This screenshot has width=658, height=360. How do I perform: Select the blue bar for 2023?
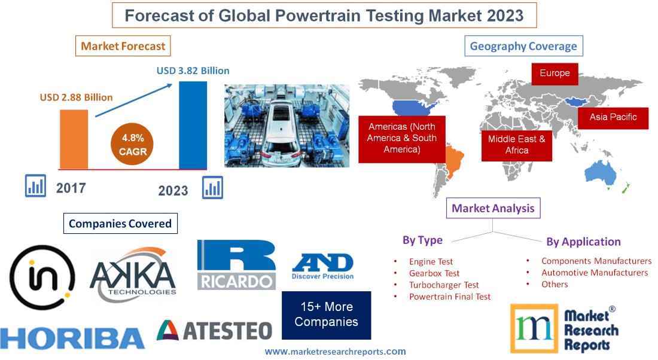pyautogui.click(x=193, y=125)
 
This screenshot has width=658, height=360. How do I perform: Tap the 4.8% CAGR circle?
pyautogui.click(x=133, y=145)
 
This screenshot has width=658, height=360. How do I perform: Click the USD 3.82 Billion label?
pyautogui.click(x=193, y=71)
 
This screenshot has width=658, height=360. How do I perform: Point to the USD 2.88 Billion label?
pyautogui.click(x=76, y=97)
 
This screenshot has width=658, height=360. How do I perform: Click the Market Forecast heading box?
pyautogui.click(x=123, y=46)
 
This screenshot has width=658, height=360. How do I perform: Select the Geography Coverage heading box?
pyautogui.click(x=523, y=46)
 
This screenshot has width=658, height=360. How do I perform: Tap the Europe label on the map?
pyautogui.click(x=555, y=74)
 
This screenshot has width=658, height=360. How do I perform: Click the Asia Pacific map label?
pyautogui.click(x=613, y=117)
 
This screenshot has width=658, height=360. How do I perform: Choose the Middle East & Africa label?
pyautogui.click(x=517, y=145)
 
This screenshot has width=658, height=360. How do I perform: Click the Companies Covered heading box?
pyautogui.click(x=120, y=224)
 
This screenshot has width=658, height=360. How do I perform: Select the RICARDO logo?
pyautogui.click(x=236, y=265)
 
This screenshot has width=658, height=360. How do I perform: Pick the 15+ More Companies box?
pyautogui.click(x=326, y=315)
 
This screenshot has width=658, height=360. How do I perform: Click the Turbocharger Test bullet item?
pyautogui.click(x=444, y=285)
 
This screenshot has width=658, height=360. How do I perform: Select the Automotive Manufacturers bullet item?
pyautogui.click(x=594, y=273)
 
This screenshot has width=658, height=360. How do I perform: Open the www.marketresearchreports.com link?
pyautogui.click(x=335, y=352)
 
